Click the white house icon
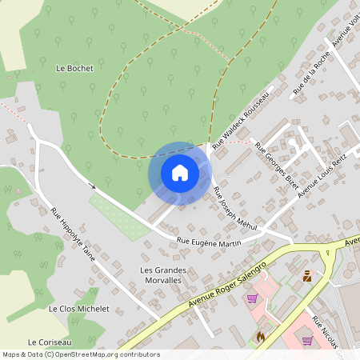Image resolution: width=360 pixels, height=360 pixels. (180, 173)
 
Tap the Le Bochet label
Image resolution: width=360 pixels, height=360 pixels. (74, 69)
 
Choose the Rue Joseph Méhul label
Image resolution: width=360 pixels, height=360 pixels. (234, 209)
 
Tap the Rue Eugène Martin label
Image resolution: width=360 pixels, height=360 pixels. (209, 242)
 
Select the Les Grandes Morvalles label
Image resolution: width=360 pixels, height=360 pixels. (163, 275)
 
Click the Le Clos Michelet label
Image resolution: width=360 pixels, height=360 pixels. (78, 309)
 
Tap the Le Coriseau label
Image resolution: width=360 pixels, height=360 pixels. (50, 341)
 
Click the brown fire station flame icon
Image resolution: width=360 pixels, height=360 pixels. (260, 338)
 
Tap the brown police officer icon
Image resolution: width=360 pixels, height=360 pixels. (307, 277)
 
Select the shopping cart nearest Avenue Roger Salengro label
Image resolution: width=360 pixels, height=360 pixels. (253, 298)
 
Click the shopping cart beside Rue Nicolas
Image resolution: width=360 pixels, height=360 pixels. (307, 340)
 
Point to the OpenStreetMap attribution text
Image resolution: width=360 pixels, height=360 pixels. (80, 354)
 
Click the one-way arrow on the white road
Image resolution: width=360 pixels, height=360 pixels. (94, 186)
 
